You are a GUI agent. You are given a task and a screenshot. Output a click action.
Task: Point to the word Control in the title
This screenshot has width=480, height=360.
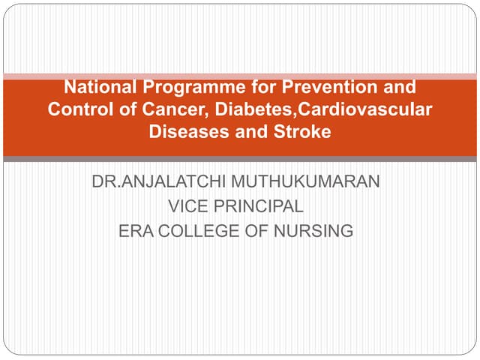(76, 109)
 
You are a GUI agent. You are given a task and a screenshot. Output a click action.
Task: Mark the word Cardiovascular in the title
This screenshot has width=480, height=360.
(366, 109)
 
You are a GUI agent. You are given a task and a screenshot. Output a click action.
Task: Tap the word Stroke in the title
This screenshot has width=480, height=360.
(304, 132)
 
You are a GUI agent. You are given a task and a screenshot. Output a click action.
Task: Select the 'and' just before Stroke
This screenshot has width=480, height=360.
(248, 132)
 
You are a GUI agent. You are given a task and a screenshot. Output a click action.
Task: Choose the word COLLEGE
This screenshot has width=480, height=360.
(199, 231)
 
